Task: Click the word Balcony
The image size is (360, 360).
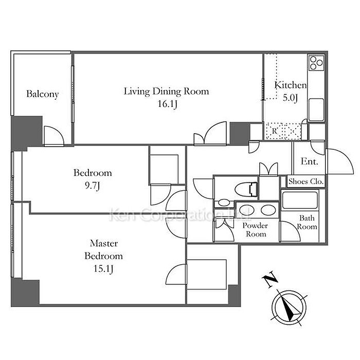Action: [43, 94]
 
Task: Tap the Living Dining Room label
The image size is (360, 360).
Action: [167, 92]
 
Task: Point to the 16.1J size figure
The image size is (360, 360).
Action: [167, 104]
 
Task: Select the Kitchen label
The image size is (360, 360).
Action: [291, 85]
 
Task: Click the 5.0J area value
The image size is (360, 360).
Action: [290, 98]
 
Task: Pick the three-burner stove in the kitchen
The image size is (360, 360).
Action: [316, 63]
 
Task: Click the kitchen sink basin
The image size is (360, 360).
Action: [316, 110]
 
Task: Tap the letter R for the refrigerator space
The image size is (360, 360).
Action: [274, 131]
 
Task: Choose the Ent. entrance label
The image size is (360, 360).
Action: [310, 161]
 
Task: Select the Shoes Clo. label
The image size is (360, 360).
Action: [306, 182]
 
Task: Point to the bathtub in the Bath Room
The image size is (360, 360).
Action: [300, 200]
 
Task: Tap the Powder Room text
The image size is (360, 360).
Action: [255, 229]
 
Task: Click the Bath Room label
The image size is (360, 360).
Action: [307, 222]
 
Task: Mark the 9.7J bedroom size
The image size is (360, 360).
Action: [92, 186]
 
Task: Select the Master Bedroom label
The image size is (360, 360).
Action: [103, 249]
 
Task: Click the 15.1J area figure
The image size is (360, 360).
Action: [103, 268]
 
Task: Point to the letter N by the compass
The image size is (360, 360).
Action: [270, 279]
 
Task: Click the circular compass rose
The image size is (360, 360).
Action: [289, 307]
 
